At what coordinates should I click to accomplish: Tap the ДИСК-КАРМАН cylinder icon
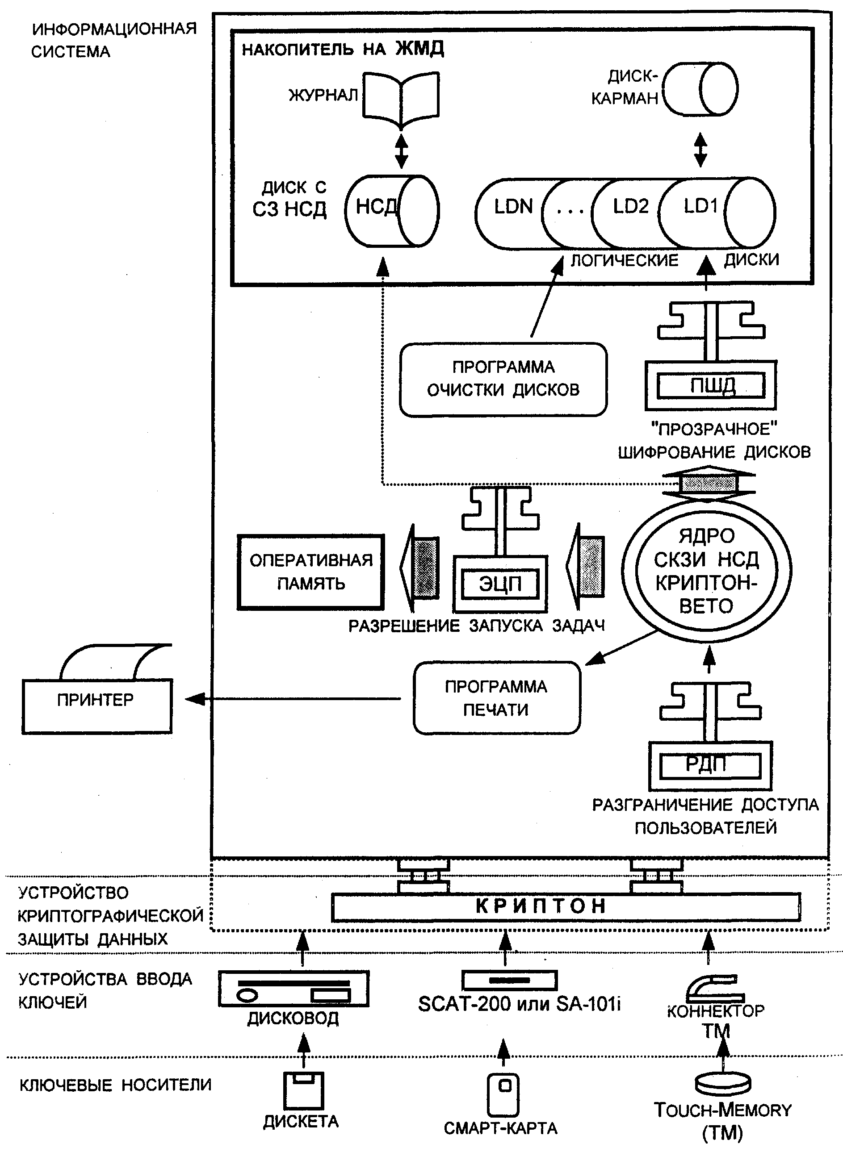pyautogui.click(x=700, y=89)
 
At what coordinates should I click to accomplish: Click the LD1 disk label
pyautogui.click(x=700, y=206)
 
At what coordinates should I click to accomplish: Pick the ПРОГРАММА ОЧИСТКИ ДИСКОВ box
pyautogui.click(x=503, y=380)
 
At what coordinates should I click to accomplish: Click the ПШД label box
pyautogui.click(x=711, y=386)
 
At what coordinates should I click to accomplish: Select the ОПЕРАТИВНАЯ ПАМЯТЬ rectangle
pyautogui.click(x=311, y=572)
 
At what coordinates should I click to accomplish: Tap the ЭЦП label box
pyautogui.click(x=500, y=584)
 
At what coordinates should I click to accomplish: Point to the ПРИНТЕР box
pyautogui.click(x=96, y=706)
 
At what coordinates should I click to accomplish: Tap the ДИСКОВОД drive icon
pyautogui.click(x=294, y=988)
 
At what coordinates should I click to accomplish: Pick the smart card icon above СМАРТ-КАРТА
pyautogui.click(x=503, y=1094)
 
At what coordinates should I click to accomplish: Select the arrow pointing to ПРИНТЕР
pyautogui.click(x=293, y=699)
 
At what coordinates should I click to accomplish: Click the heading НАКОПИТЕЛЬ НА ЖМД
pyautogui.click(x=342, y=49)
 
